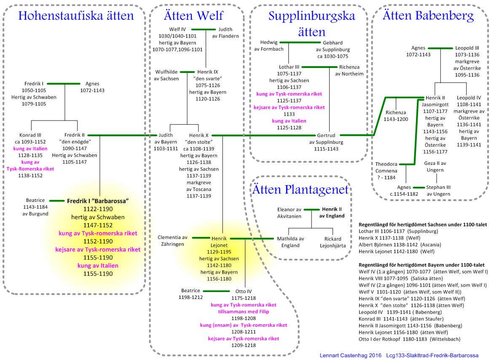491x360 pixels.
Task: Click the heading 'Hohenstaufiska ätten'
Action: (76, 16)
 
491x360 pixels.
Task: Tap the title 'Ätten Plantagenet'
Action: (301, 190)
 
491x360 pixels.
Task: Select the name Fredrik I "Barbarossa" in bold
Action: (98, 201)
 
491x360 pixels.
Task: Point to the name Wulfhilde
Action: (167, 72)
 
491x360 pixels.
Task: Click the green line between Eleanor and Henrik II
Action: (312, 209)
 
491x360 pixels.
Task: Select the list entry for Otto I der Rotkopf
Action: (409, 339)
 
